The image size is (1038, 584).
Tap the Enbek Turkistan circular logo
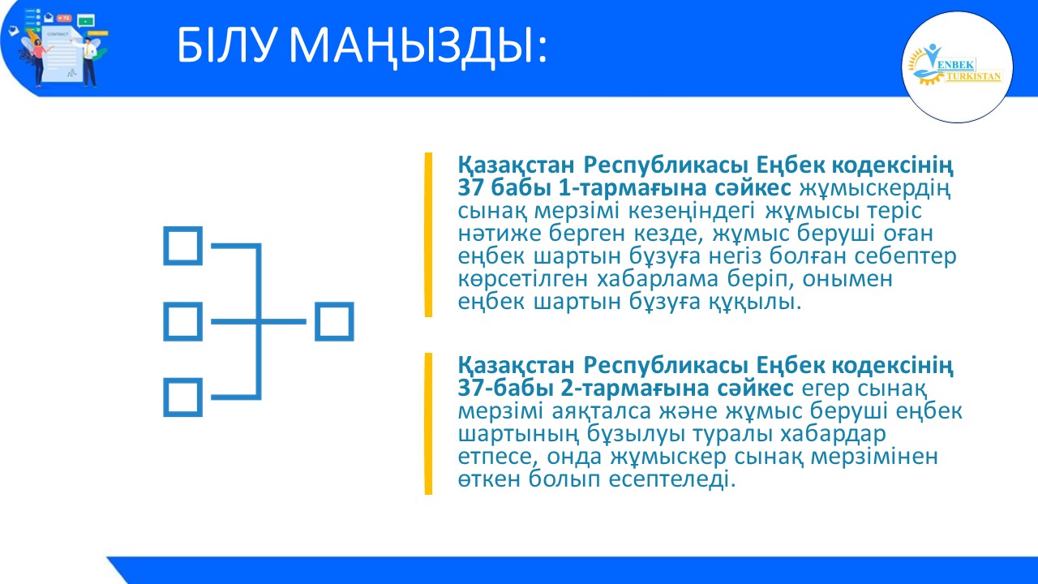click(x=957, y=67)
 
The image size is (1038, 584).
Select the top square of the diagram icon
click(x=182, y=245)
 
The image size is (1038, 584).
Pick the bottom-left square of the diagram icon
click(x=182, y=397)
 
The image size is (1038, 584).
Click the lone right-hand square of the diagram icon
click(x=334, y=322)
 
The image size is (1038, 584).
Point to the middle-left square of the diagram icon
click(x=182, y=322)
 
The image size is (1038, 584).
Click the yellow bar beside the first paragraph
click(x=428, y=234)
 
